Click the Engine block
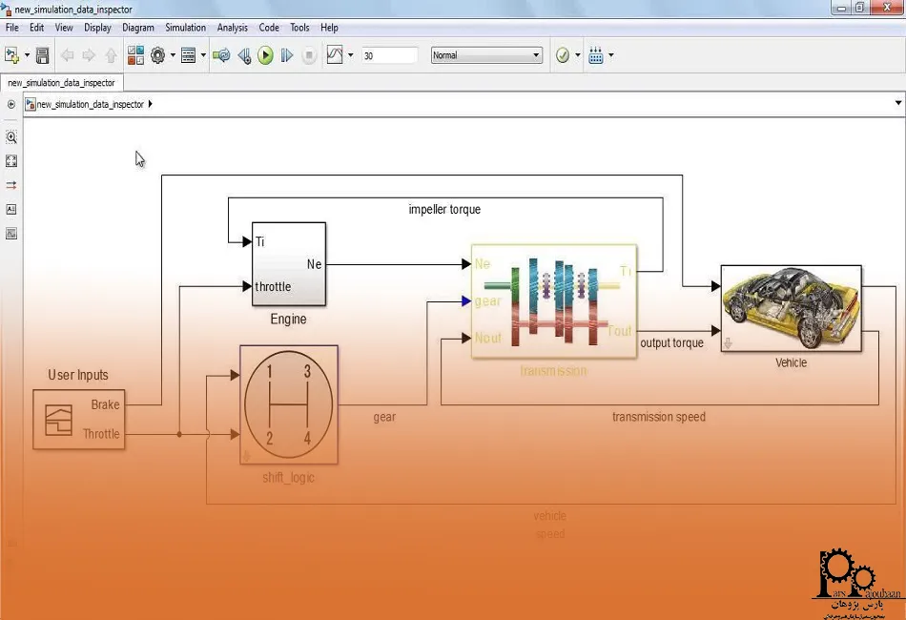tap(288, 264)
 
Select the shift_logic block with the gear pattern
tap(288, 403)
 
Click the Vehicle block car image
tap(791, 308)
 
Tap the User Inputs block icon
tap(59, 419)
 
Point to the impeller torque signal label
tap(444, 209)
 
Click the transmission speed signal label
tap(658, 417)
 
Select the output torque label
tap(671, 342)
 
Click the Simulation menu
tap(185, 28)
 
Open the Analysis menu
tap(232, 28)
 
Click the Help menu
tap(329, 28)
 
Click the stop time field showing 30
tap(389, 55)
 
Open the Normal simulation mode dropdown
tap(486, 55)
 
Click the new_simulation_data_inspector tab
tap(61, 83)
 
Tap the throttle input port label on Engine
tap(273, 286)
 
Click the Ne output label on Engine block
tap(314, 263)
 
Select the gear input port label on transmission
tap(487, 301)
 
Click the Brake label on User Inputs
tap(105, 404)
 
